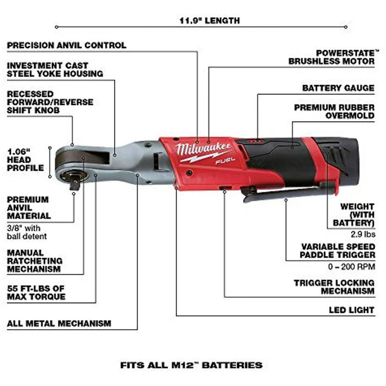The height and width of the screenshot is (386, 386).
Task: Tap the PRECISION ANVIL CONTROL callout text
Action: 66,45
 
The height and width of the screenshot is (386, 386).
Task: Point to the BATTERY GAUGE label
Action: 338,88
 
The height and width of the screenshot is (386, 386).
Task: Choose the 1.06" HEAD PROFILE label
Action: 25,159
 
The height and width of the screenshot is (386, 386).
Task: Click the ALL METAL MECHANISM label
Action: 59,323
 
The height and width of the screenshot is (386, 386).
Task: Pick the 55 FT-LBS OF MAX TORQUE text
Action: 36,292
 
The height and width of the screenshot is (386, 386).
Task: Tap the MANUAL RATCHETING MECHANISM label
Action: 35,260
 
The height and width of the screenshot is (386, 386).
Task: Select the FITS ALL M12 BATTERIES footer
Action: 191,365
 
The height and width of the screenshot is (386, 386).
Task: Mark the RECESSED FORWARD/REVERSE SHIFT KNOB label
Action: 50,103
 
